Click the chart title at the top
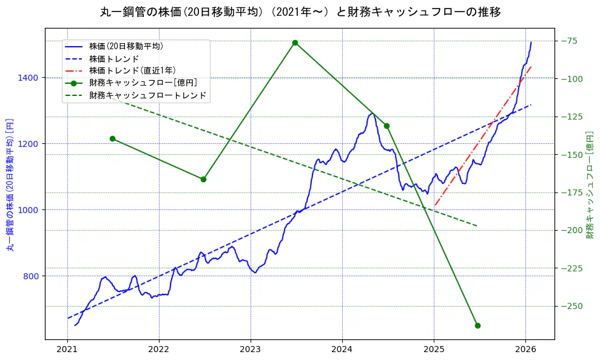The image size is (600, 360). (300, 12)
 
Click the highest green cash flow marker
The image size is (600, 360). (295, 42)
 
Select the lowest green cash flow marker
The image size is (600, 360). (477, 325)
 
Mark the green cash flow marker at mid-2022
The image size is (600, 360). (203, 179)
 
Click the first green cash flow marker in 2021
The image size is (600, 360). (112, 138)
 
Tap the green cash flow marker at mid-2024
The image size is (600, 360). (386, 126)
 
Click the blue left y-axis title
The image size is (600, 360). (10, 185)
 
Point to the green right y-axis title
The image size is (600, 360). (590, 185)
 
